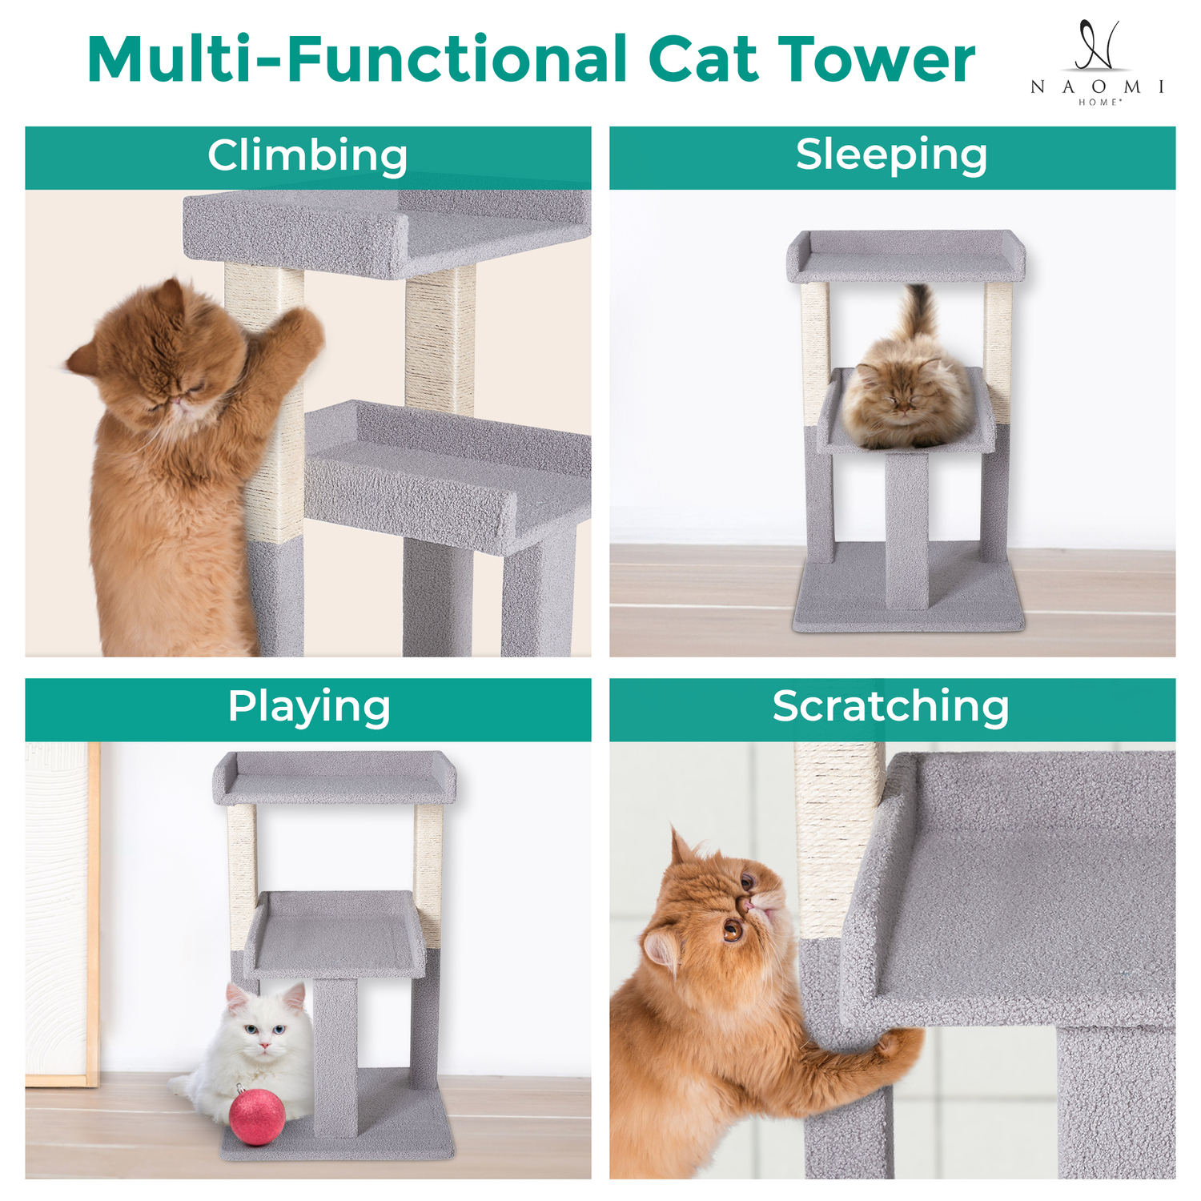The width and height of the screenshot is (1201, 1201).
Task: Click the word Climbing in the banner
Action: [x=307, y=155]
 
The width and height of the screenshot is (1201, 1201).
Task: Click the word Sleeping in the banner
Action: [x=891, y=155]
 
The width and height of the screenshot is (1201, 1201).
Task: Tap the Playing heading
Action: [x=309, y=708]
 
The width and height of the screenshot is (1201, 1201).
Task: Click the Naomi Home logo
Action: [x=1097, y=62]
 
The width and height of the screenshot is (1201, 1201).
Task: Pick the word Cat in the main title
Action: [x=703, y=59]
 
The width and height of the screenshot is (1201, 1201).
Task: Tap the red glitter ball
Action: [x=257, y=1118]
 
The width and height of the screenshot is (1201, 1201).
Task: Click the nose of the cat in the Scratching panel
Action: [x=746, y=905]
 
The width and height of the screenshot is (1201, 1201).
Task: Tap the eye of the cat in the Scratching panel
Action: [x=732, y=930]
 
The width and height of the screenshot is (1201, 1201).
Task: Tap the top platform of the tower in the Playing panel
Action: [x=335, y=777]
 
